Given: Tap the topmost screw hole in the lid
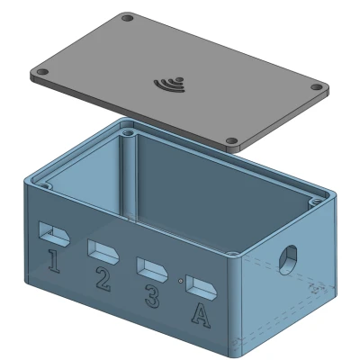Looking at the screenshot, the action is [128, 19].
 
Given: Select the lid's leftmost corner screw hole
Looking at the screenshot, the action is [42, 72].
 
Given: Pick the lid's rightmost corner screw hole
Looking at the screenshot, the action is [316, 87].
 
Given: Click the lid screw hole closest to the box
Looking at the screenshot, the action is [231, 140].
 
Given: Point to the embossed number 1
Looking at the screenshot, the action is [54, 261].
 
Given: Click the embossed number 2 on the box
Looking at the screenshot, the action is [103, 279].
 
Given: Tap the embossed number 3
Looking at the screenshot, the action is [152, 296].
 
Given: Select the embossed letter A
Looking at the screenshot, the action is [201, 315].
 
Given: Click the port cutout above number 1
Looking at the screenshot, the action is [54, 233].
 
